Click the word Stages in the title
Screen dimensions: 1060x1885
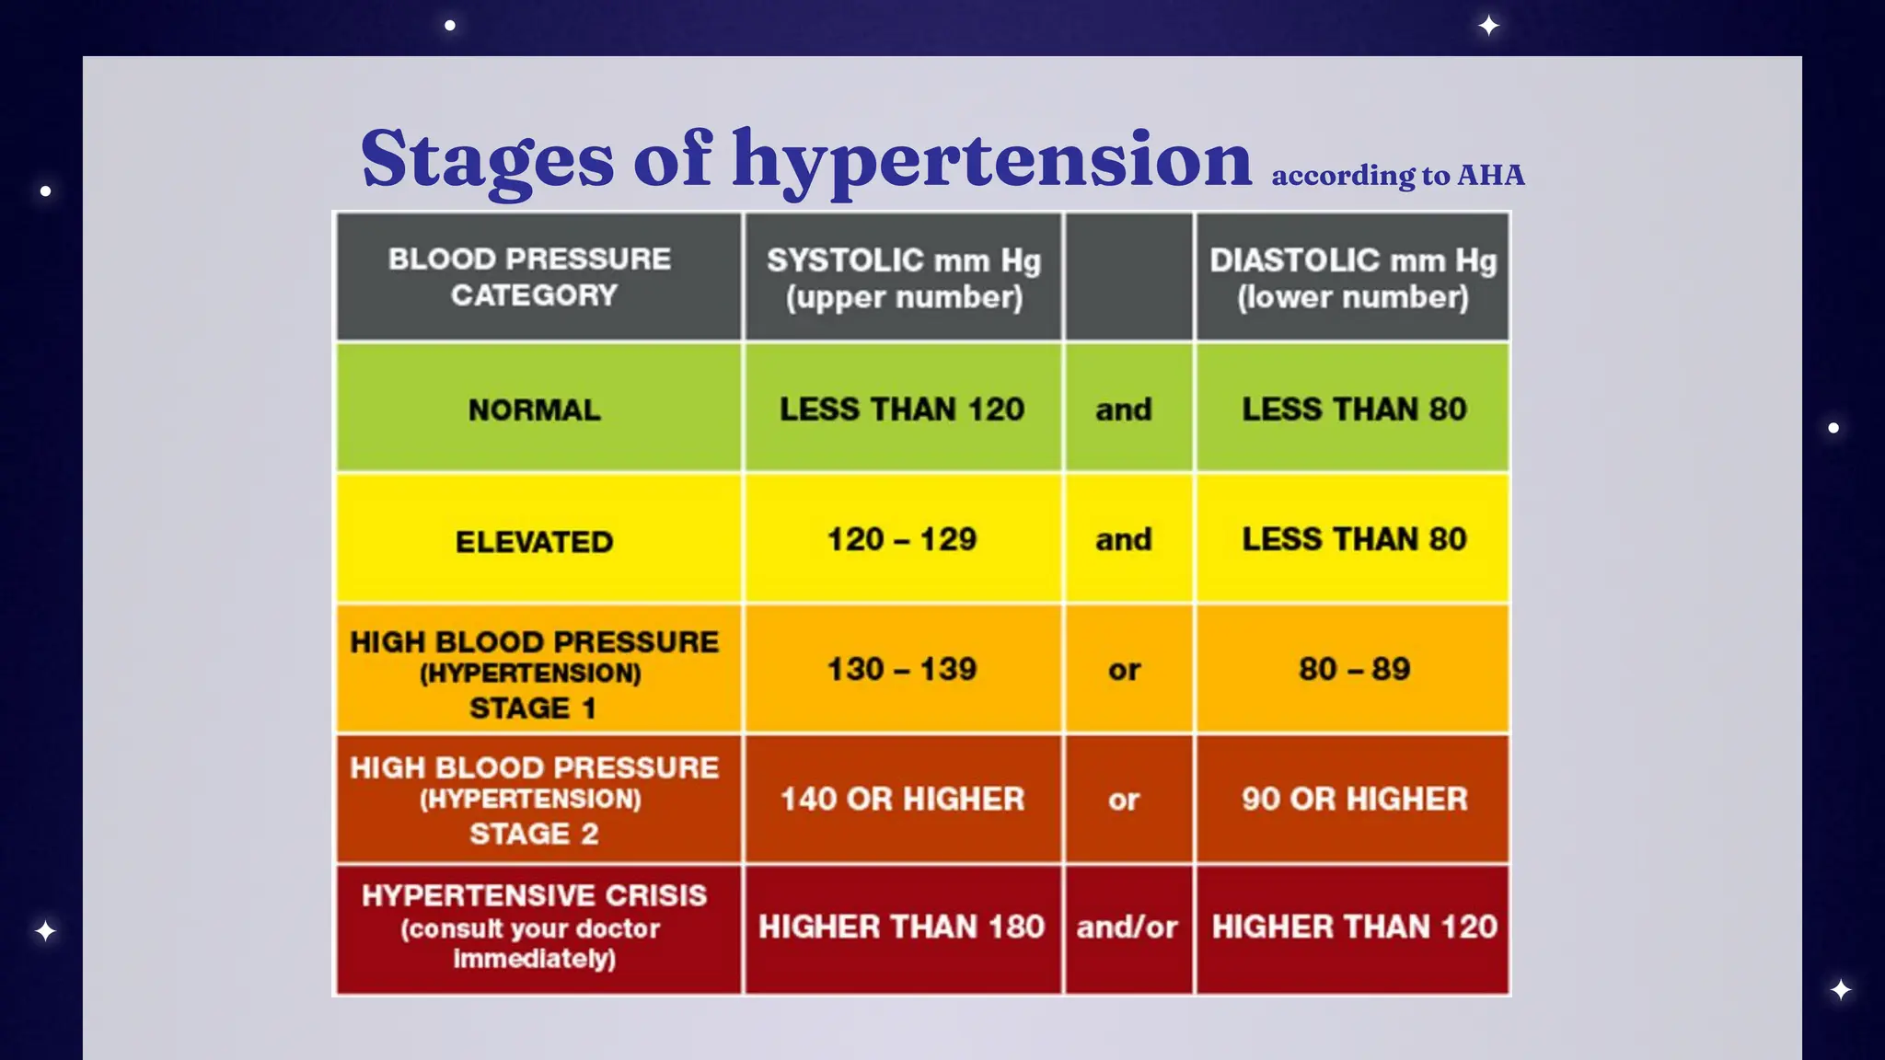click(x=486, y=159)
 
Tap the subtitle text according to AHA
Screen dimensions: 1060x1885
click(x=1397, y=175)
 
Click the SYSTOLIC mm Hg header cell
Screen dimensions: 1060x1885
click(x=903, y=278)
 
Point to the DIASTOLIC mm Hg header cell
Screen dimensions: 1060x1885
click(x=1352, y=278)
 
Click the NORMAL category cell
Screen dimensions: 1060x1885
click(x=534, y=409)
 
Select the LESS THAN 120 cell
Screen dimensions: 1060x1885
click(x=902, y=409)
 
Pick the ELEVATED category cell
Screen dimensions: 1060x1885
click(x=534, y=541)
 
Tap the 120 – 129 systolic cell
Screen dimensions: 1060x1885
click(x=902, y=539)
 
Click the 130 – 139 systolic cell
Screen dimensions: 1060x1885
click(x=902, y=669)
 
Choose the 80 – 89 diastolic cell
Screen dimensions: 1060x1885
click(x=1353, y=669)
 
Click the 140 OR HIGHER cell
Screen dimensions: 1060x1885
click(x=902, y=799)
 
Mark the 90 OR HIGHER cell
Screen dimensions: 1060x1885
click(x=1353, y=799)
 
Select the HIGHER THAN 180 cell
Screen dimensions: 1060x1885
click(x=902, y=927)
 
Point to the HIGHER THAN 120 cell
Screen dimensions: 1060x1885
click(x=1353, y=927)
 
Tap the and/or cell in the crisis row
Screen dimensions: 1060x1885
click(x=1127, y=927)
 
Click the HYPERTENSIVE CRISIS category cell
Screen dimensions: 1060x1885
click(x=534, y=927)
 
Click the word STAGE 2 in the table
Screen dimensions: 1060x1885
click(x=534, y=834)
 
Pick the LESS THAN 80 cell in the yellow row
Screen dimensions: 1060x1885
click(x=1353, y=539)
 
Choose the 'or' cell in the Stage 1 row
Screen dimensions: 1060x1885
click(x=1124, y=670)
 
